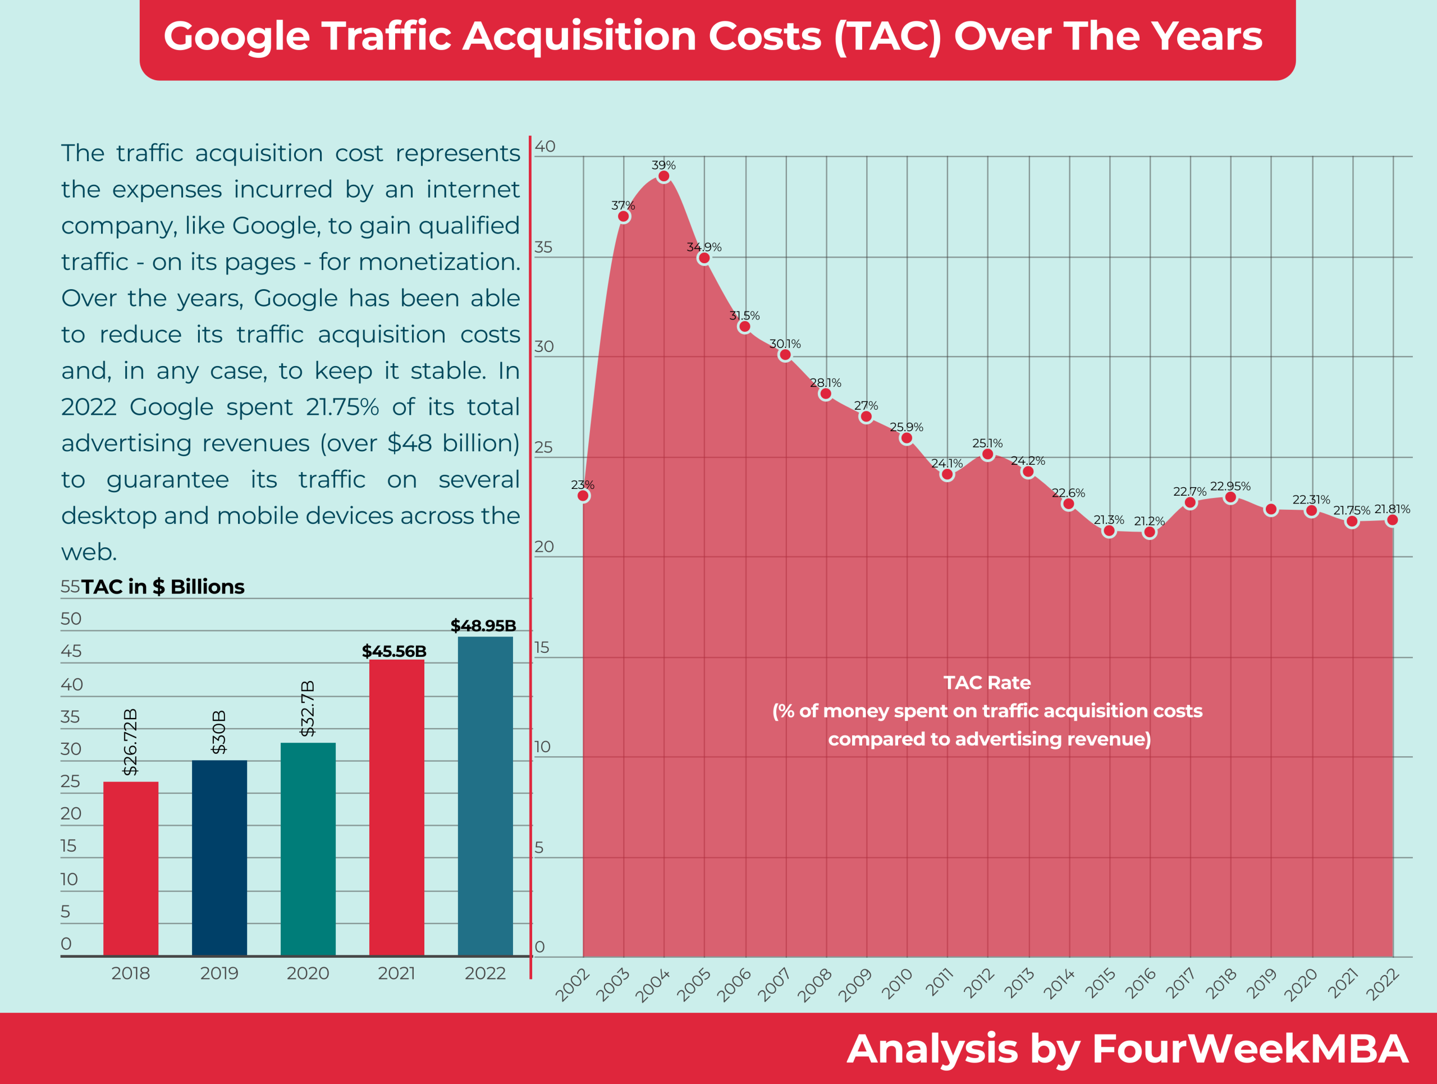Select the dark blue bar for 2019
219,857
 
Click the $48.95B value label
483,625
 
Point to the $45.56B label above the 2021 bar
393,651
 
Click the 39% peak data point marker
663,177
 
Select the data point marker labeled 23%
583,496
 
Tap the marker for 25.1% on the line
987,455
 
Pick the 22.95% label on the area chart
1230,486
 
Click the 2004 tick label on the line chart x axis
653,985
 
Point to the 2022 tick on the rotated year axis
1383,985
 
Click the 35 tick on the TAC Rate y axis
543,248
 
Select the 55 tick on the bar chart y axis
70,587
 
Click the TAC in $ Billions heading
162,587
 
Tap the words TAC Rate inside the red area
987,683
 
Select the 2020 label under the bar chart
308,973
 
